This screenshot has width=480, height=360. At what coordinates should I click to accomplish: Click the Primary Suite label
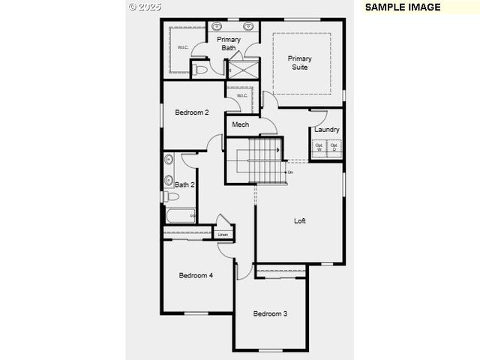(300, 63)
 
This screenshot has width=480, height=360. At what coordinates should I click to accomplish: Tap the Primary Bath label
(228, 43)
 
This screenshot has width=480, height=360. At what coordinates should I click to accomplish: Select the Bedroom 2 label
(192, 112)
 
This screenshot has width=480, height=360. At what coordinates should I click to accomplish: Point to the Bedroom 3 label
(270, 313)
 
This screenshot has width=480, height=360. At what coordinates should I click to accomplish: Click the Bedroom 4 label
(196, 275)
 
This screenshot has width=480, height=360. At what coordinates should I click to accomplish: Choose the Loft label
(300, 220)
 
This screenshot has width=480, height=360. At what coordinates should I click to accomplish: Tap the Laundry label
(327, 129)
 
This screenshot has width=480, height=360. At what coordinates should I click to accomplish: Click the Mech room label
(240, 124)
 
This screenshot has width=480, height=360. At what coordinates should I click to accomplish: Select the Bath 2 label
(184, 184)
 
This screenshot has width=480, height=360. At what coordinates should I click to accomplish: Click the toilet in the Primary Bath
(199, 69)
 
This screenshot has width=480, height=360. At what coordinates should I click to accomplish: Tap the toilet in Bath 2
(171, 196)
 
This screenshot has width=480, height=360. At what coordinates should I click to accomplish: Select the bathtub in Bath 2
(180, 216)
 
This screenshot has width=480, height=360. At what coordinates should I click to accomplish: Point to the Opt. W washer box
(319, 148)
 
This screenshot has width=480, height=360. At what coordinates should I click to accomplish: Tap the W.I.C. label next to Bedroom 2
(242, 96)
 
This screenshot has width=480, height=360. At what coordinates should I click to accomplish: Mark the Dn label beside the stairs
(290, 172)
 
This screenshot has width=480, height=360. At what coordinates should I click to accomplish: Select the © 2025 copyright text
(145, 7)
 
